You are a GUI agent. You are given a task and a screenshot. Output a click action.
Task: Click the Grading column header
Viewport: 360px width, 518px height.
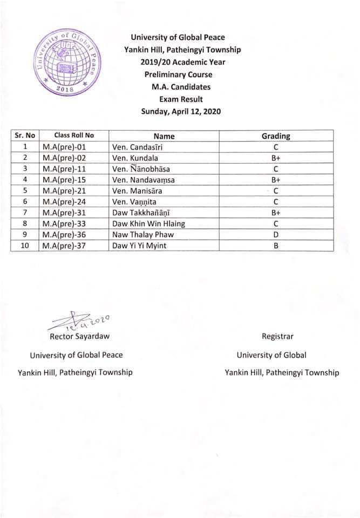click(275, 136)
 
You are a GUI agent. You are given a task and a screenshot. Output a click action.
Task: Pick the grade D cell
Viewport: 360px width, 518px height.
click(275, 235)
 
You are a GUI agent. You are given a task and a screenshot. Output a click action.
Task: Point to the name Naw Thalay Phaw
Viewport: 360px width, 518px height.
click(141, 235)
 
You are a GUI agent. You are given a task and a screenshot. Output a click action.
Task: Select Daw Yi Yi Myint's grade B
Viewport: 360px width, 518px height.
click(275, 246)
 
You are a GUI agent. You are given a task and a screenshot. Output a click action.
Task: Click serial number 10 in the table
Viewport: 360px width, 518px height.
click(25, 246)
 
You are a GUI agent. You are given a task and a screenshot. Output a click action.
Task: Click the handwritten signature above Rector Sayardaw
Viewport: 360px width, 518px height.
click(81, 322)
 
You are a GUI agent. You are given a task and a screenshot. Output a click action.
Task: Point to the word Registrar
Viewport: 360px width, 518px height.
click(277, 336)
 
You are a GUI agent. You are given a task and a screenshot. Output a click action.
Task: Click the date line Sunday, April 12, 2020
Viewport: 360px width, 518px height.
click(181, 112)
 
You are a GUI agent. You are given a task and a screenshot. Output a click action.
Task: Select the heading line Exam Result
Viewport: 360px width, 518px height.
click(181, 99)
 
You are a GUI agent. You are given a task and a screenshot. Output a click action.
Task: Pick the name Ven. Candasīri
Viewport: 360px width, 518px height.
click(137, 147)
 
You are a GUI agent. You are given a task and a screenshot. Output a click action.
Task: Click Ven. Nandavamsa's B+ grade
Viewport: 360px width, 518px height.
click(275, 180)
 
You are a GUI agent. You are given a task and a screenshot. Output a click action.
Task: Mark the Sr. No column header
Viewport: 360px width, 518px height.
click(25, 136)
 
